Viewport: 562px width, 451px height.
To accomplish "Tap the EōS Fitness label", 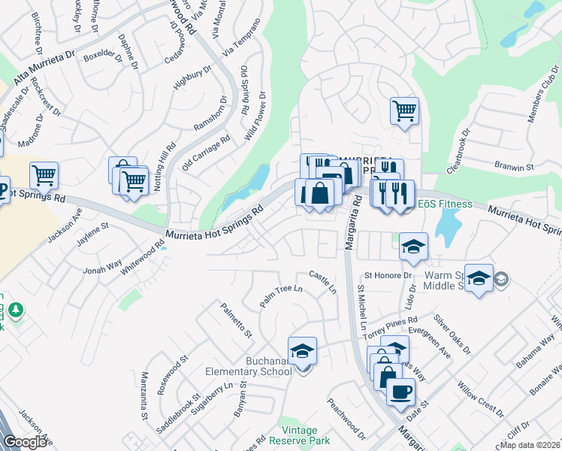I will [x=445, y=204].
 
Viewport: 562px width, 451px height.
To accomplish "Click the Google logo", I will [x=26, y=442].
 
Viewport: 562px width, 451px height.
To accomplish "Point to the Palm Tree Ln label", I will [x=280, y=294].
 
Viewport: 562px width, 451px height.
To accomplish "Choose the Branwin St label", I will [x=513, y=165].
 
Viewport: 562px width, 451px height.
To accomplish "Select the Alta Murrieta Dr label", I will [x=45, y=68].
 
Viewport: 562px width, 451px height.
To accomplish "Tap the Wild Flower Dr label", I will [x=256, y=117].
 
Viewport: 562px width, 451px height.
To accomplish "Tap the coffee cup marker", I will [x=400, y=392].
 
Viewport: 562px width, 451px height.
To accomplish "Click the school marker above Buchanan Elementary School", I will [x=302, y=350].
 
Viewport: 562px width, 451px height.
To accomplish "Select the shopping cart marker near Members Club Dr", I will [x=404, y=111].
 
